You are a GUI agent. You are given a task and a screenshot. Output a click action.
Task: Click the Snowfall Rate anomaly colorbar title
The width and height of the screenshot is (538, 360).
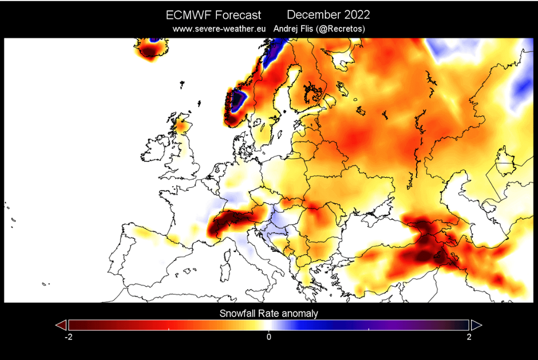[268, 313]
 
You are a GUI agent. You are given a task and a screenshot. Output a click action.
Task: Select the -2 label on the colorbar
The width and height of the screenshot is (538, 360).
[68, 337]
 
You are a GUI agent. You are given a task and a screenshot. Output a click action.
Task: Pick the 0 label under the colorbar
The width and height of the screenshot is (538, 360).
[268, 337]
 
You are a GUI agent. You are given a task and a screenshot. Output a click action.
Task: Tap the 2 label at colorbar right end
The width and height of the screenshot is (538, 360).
[469, 337]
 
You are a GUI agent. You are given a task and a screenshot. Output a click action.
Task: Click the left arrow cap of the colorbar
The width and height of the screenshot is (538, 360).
[61, 325]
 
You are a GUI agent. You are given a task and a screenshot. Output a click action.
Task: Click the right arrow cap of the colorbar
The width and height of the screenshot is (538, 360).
[476, 325]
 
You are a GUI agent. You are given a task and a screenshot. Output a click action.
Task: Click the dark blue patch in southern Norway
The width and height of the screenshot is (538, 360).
[237, 101]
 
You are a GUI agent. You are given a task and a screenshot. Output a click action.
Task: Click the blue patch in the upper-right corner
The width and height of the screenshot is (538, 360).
[522, 87]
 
